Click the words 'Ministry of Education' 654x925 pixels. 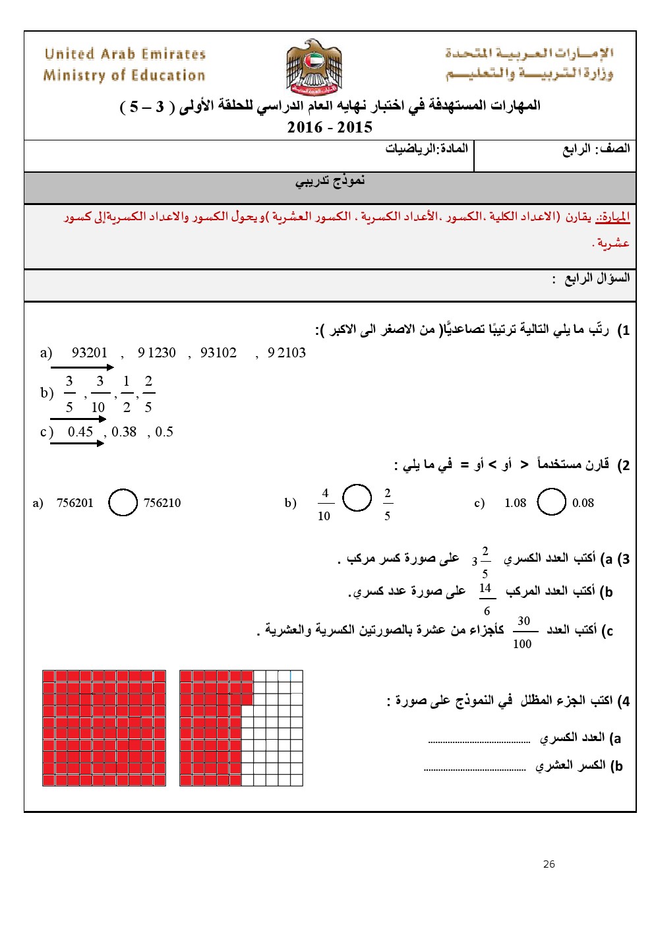tap(124, 76)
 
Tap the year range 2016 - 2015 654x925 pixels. tap(330, 127)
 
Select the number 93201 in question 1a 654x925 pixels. tap(90, 353)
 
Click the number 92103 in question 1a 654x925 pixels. tap(287, 353)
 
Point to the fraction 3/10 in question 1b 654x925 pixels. tap(99, 394)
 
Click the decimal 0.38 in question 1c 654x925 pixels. tap(124, 432)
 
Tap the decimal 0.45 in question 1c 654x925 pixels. tap(80, 432)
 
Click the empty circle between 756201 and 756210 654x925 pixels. tap(123, 502)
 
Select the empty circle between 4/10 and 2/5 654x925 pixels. tap(357, 498)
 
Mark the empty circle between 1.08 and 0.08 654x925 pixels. tap(551, 502)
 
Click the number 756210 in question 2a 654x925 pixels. tap(162, 503)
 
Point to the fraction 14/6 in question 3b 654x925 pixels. tap(486, 599)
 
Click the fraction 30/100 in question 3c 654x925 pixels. tap(523, 632)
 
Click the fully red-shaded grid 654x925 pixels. tap(104, 728)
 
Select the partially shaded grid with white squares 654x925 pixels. tap(241, 728)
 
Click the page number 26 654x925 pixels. tap(549, 864)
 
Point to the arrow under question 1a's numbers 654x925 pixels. tap(82, 367)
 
